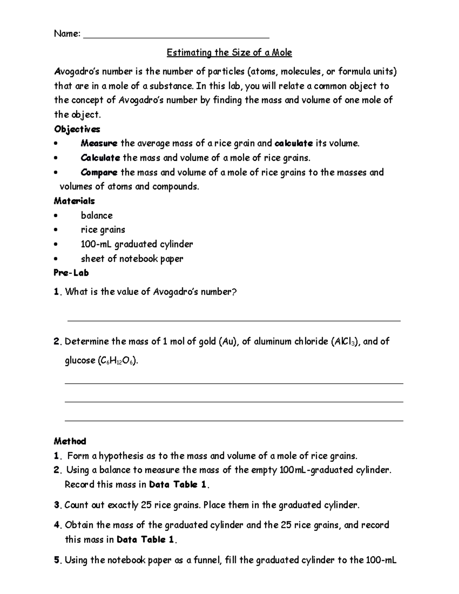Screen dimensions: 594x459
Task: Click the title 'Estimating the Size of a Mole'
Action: tap(229, 52)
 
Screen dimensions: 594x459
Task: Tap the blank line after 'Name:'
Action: tap(176, 37)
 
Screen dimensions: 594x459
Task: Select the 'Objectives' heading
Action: tap(77, 129)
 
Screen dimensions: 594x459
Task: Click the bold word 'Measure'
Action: tap(99, 143)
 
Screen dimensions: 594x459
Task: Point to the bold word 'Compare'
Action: tap(99, 172)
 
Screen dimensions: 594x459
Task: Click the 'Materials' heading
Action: tap(74, 201)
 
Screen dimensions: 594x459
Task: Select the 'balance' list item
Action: tap(97, 215)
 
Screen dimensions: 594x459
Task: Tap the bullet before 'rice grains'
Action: tap(56, 230)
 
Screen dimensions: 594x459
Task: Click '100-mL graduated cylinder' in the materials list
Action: tap(137, 244)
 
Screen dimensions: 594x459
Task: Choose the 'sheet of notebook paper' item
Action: tap(132, 259)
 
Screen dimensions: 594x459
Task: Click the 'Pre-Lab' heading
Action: tap(71, 273)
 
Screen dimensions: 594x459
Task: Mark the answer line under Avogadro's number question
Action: tap(234, 321)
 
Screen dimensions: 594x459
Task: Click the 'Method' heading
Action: tap(70, 441)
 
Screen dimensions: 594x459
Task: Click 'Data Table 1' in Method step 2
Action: tap(178, 485)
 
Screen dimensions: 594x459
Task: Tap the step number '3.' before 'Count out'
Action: tap(58, 505)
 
